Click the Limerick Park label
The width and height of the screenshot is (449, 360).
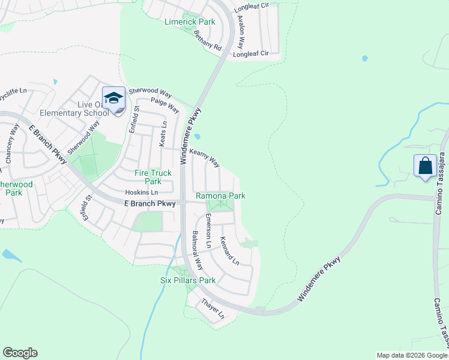coord(189,22)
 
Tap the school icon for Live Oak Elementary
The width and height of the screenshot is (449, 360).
coord(113,98)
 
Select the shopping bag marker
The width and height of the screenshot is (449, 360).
coord(425,166)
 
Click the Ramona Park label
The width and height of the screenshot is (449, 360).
coord(220,196)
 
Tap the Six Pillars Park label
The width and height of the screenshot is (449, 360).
coord(187,280)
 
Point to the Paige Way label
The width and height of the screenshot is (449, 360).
coord(165,105)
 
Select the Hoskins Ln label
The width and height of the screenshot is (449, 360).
coord(141,193)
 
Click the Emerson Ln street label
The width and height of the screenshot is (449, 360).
coord(208,231)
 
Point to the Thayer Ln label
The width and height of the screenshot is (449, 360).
coord(212,308)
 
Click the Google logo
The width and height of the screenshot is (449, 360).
coord(20,353)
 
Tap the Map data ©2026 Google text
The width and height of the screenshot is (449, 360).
coord(412,355)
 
